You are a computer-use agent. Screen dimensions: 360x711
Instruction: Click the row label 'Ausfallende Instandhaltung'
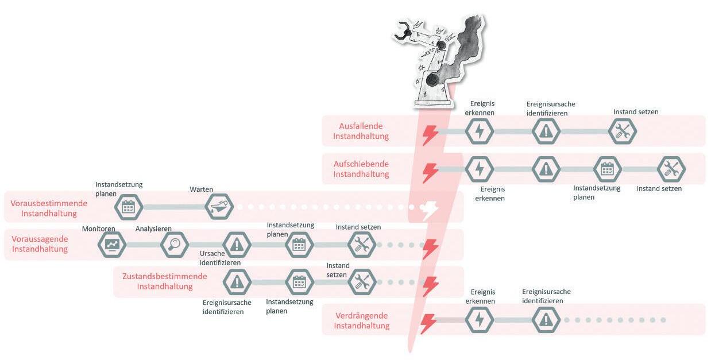361,131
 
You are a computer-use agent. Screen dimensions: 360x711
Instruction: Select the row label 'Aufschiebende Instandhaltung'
361,169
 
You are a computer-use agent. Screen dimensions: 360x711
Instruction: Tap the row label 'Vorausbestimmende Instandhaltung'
49,208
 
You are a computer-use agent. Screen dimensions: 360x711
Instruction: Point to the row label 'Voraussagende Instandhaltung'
40,244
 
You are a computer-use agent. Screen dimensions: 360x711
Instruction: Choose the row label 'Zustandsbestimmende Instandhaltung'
164,281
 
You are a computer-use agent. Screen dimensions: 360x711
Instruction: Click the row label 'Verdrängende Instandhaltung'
361,320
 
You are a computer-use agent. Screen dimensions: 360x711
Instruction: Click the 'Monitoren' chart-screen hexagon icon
111,245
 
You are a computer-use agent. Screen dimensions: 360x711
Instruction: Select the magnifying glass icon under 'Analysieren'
174,245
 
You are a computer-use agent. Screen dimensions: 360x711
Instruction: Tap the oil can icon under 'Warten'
220,207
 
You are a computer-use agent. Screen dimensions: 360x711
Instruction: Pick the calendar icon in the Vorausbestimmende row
129,207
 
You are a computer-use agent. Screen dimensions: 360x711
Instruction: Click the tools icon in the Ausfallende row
623,131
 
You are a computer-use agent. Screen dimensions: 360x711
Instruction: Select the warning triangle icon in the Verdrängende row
546,320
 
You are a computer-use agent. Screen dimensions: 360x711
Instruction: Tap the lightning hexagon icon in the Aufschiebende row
478,169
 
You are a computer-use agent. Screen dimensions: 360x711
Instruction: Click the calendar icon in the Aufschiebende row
607,169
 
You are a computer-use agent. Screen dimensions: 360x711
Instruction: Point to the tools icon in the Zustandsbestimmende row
362,282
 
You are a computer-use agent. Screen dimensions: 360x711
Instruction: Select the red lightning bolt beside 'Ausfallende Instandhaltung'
430,134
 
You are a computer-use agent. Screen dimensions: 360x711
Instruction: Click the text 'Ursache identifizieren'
220,258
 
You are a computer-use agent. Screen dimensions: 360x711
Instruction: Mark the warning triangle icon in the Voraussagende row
236,245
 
